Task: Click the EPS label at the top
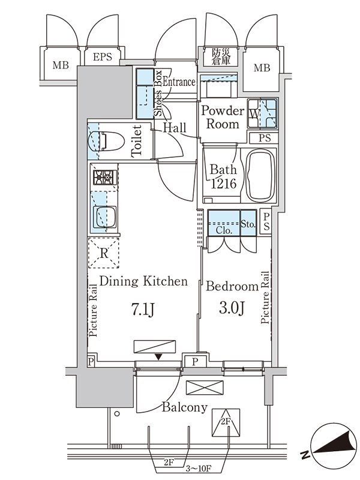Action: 101,58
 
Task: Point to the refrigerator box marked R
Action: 104,253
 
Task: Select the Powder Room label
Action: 222,118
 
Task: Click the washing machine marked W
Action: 262,112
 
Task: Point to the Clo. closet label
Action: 224,229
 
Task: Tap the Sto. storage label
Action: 248,226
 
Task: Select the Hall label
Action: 175,128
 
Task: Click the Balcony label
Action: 184,408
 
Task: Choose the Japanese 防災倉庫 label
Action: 221,56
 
